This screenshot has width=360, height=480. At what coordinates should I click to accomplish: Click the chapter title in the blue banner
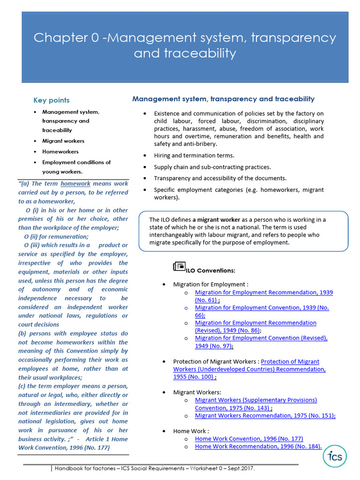click(x=185, y=45)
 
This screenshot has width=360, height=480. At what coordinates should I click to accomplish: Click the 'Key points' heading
click(x=51, y=100)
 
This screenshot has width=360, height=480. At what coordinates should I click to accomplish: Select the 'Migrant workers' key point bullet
click(x=63, y=141)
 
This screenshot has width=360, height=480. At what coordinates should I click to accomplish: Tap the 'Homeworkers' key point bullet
click(x=60, y=152)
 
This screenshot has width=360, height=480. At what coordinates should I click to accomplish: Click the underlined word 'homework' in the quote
click(x=75, y=184)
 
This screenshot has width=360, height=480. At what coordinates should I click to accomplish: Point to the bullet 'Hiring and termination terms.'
click(x=194, y=156)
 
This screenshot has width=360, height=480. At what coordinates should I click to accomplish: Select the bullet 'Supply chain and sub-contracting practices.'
click(x=212, y=167)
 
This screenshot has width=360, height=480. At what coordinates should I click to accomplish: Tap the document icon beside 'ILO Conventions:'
click(x=179, y=267)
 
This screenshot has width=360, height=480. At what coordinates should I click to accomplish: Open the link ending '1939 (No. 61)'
click(x=263, y=296)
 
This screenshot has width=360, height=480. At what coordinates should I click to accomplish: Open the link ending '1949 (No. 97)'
click(x=261, y=342)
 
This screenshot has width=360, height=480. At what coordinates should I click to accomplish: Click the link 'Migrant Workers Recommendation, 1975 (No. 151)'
click(x=265, y=415)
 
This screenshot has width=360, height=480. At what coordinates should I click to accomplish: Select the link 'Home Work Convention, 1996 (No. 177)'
click(x=249, y=439)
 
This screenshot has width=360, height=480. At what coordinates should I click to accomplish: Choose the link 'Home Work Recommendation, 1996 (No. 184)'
click(x=258, y=446)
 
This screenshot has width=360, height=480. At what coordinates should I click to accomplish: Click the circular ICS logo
click(x=335, y=457)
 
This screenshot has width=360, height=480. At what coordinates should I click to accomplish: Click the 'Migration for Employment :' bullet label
click(x=210, y=285)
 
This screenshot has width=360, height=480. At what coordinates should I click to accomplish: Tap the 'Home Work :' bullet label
click(x=191, y=431)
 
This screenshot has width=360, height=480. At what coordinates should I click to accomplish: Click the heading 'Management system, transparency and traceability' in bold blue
click(x=223, y=99)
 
